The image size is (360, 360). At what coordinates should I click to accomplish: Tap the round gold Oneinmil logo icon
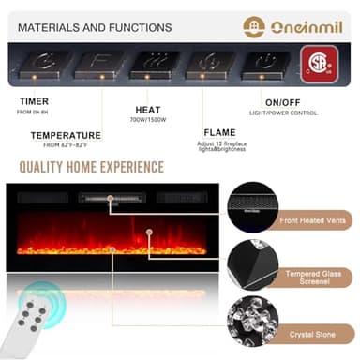[x=254, y=26]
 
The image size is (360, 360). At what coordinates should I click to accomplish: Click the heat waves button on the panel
[x=149, y=64]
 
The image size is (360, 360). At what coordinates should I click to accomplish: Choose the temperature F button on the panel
[x=94, y=64]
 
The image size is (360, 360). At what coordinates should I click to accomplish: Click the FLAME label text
[x=219, y=132]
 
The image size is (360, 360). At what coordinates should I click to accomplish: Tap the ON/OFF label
[x=282, y=100]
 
